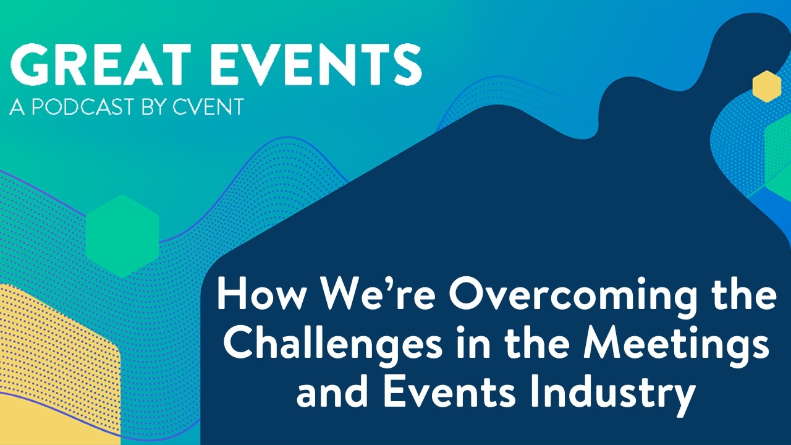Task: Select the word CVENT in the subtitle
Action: tap(207, 107)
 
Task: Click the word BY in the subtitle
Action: tap(152, 107)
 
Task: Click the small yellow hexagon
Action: tap(767, 87)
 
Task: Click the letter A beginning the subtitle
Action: tap(16, 107)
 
